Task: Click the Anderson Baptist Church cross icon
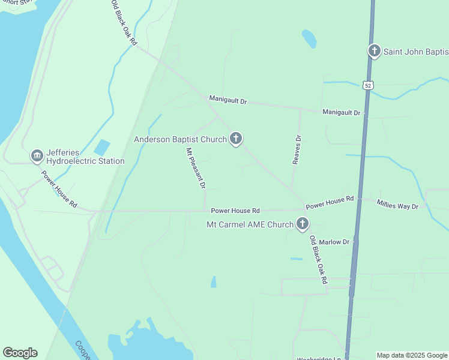click(236, 139)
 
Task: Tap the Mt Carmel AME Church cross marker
click(302, 224)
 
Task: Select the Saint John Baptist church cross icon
click(375, 51)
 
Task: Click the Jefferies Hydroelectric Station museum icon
click(37, 156)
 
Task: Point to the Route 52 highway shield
click(367, 85)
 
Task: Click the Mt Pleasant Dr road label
click(196, 170)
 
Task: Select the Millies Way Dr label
click(397, 206)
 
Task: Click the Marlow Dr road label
click(334, 242)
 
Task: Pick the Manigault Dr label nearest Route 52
click(341, 112)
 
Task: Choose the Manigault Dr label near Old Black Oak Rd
click(228, 100)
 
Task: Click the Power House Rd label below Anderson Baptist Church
click(235, 211)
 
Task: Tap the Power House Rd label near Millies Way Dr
click(330, 203)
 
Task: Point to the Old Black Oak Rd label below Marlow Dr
click(318, 259)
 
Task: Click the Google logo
click(20, 353)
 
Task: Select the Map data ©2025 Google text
click(411, 355)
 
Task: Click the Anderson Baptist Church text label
click(180, 139)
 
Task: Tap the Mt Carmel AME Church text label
click(250, 224)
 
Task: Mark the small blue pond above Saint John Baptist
click(309, 38)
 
